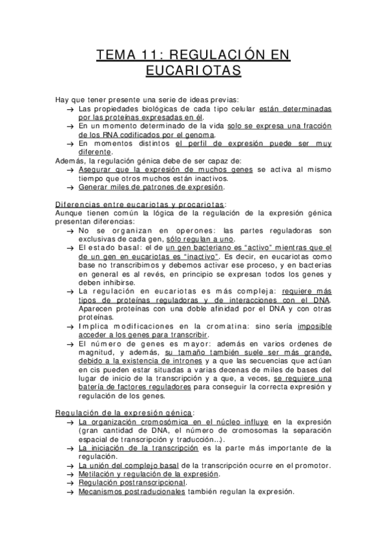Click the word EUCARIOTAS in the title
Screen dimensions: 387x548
click(193, 70)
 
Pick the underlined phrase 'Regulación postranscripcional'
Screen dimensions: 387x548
click(132, 482)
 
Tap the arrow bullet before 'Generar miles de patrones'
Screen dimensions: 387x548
click(70, 187)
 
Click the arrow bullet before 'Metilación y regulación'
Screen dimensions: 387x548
click(70, 474)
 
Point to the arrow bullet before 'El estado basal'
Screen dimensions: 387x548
click(70, 248)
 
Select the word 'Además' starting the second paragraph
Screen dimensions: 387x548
click(68, 161)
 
